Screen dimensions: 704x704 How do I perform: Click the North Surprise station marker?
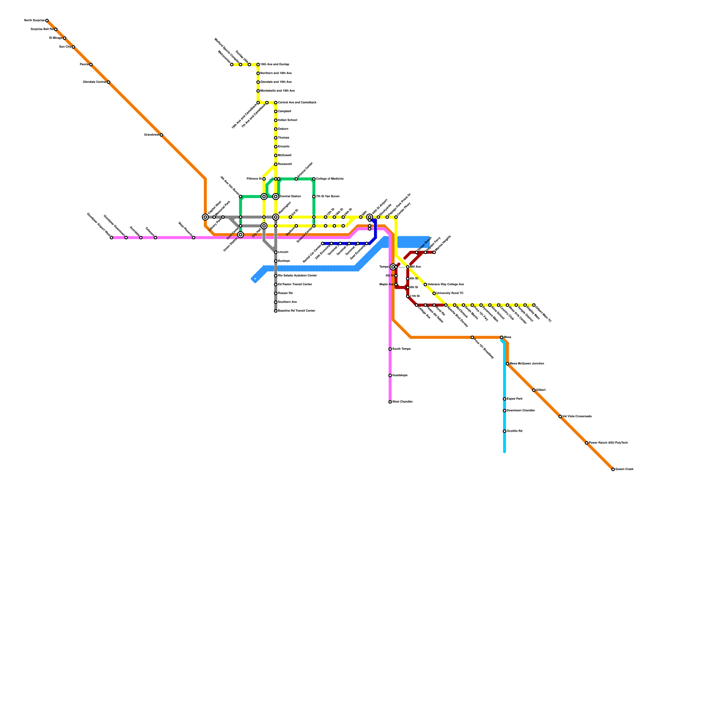(x=47, y=21)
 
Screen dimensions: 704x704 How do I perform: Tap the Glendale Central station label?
(x=95, y=82)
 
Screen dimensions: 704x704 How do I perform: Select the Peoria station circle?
(x=91, y=65)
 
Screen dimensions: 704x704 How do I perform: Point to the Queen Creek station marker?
(x=613, y=469)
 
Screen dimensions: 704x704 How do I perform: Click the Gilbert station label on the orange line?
(x=541, y=390)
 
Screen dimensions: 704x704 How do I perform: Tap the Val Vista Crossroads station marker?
(x=560, y=417)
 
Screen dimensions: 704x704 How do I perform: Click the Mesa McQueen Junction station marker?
(x=507, y=364)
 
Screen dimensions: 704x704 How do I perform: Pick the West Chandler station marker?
(x=390, y=402)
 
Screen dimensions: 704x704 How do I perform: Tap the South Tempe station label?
(x=401, y=349)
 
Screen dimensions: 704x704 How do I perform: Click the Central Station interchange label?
(x=290, y=197)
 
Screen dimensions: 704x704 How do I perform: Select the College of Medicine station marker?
(x=314, y=179)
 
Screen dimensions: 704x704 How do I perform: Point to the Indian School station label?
(x=287, y=120)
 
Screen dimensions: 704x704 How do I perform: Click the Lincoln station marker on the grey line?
(x=276, y=252)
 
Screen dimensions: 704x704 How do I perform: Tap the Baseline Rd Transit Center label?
(x=297, y=311)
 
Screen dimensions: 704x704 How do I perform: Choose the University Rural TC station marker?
(x=434, y=293)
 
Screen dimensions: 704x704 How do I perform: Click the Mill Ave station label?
(x=416, y=267)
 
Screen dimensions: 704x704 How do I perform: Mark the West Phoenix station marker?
(x=194, y=238)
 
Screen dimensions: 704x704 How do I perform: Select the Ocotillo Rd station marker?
(x=504, y=431)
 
